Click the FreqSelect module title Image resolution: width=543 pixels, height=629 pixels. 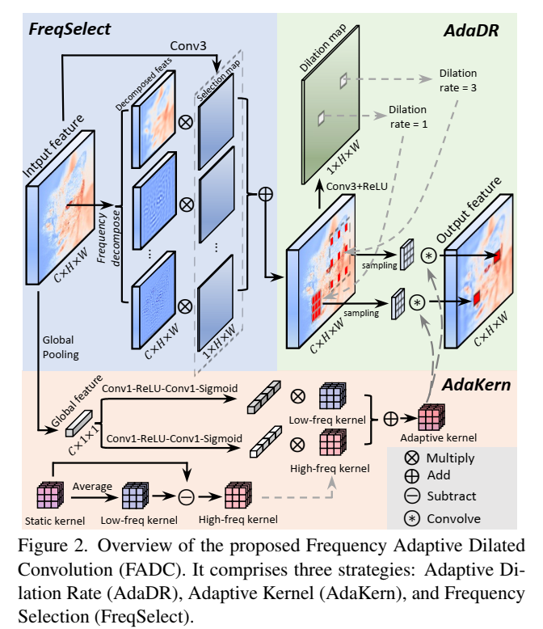click(x=69, y=31)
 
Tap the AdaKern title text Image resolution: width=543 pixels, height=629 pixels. click(x=476, y=385)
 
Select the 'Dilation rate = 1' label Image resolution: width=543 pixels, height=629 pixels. click(x=408, y=116)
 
